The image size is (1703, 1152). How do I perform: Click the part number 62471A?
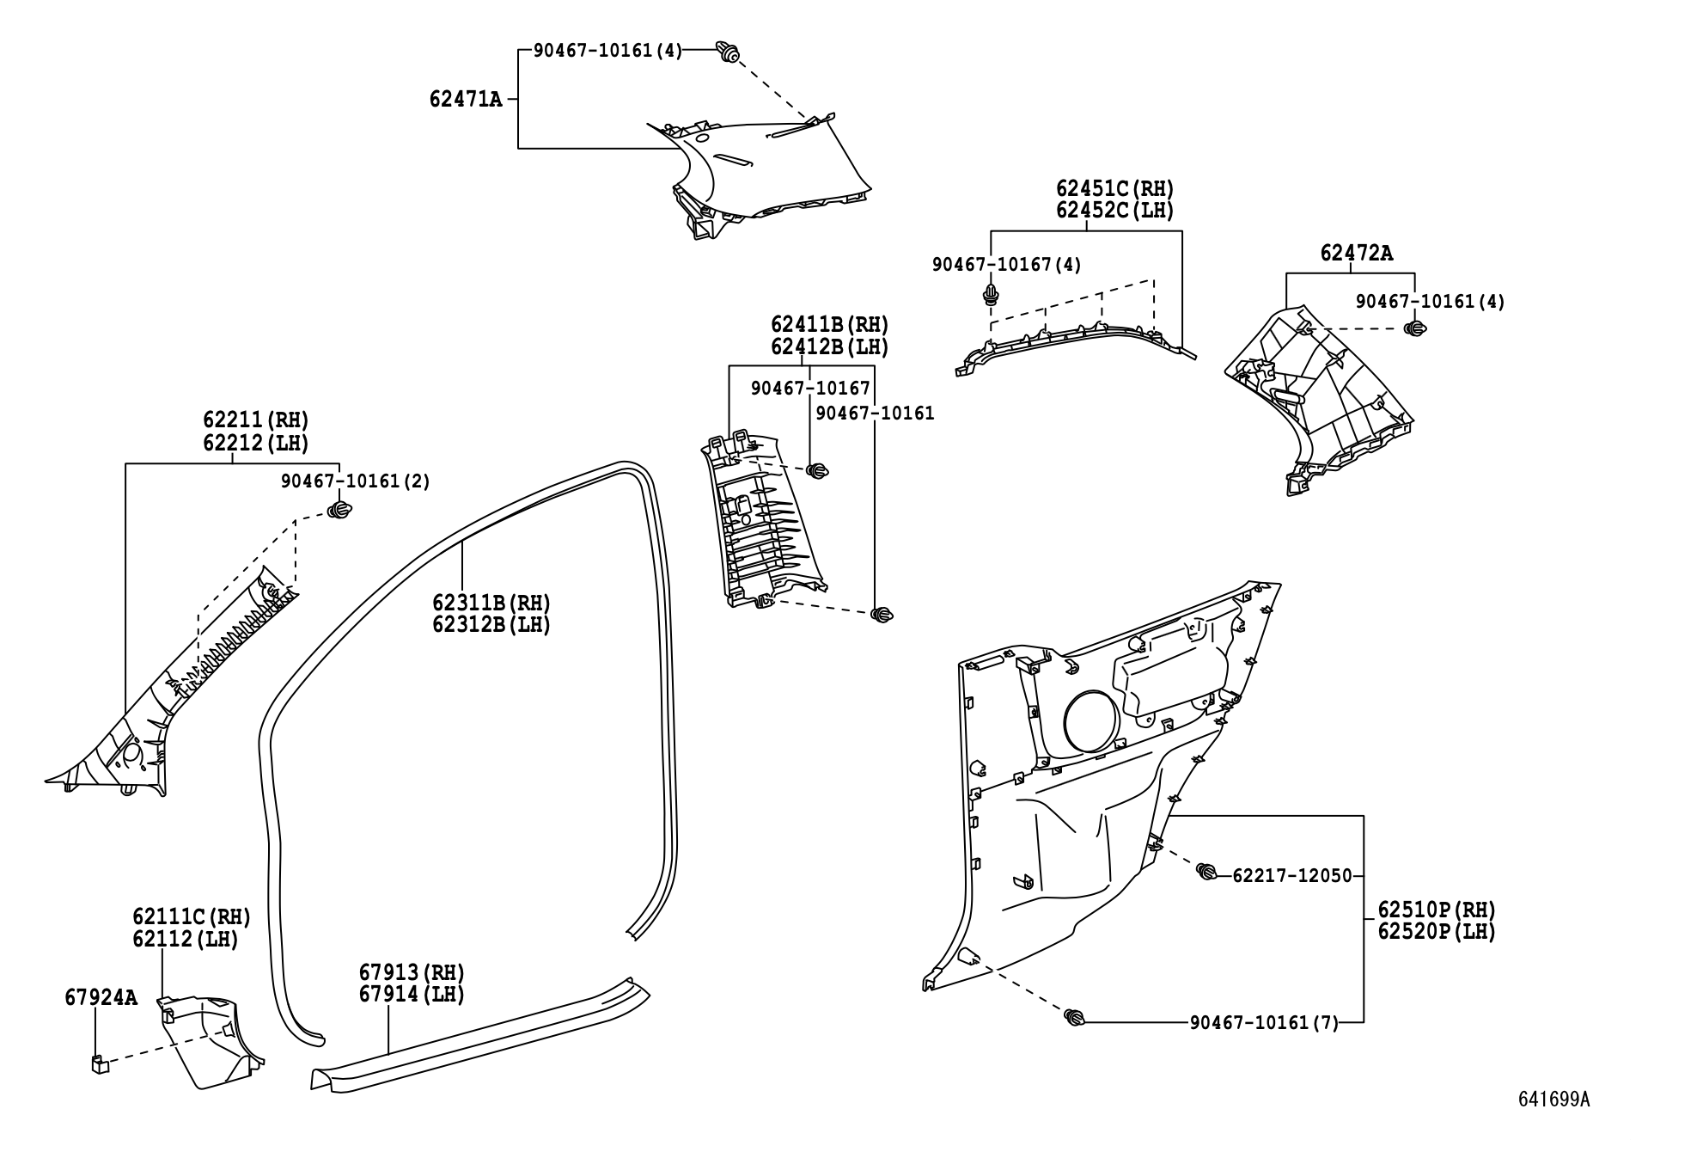[x=466, y=100]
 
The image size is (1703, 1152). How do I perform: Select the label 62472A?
[x=1357, y=254]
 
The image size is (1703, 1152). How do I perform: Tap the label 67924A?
[x=101, y=998]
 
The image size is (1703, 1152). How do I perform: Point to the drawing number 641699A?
[x=1553, y=1124]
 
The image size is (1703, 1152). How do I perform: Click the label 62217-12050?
[x=1291, y=876]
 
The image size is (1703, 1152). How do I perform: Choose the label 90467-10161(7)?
[x=1264, y=1023]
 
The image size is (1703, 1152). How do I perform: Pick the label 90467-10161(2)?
[x=355, y=481]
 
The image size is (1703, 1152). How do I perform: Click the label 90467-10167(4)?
[x=1006, y=265]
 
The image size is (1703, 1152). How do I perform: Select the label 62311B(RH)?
[x=491, y=604]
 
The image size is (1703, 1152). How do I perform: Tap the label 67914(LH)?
[x=412, y=995]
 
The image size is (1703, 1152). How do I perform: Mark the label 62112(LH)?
[x=185, y=940]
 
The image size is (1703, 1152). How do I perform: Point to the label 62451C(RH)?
[x=1114, y=189]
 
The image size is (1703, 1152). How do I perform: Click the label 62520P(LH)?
[x=1437, y=932]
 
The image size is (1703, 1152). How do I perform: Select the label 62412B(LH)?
[x=829, y=347]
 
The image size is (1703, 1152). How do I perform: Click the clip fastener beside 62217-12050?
[x=1206, y=872]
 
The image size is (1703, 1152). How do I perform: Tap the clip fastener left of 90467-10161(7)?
[x=1073, y=1018]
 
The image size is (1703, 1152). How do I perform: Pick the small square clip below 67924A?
[x=100, y=1063]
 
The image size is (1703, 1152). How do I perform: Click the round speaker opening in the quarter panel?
[x=1090, y=723]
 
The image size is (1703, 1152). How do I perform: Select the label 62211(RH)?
[x=255, y=420]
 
